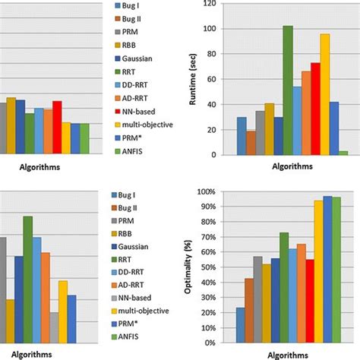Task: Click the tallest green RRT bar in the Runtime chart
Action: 288,90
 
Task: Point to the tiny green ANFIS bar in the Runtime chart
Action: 343,153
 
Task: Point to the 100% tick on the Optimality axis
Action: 216,192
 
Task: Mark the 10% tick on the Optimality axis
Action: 219,326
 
